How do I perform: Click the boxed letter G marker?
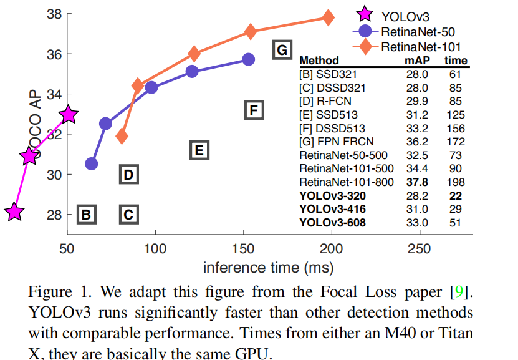282,50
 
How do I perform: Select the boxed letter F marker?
253,110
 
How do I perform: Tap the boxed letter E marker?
198,150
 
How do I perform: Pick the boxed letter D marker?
128,175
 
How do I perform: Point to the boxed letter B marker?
86,215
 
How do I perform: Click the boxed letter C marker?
128,215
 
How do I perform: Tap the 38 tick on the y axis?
54,14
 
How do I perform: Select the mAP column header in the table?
414,61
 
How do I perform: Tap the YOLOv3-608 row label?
333,223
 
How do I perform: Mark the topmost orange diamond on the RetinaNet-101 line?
327,17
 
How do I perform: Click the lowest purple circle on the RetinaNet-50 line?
92,163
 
